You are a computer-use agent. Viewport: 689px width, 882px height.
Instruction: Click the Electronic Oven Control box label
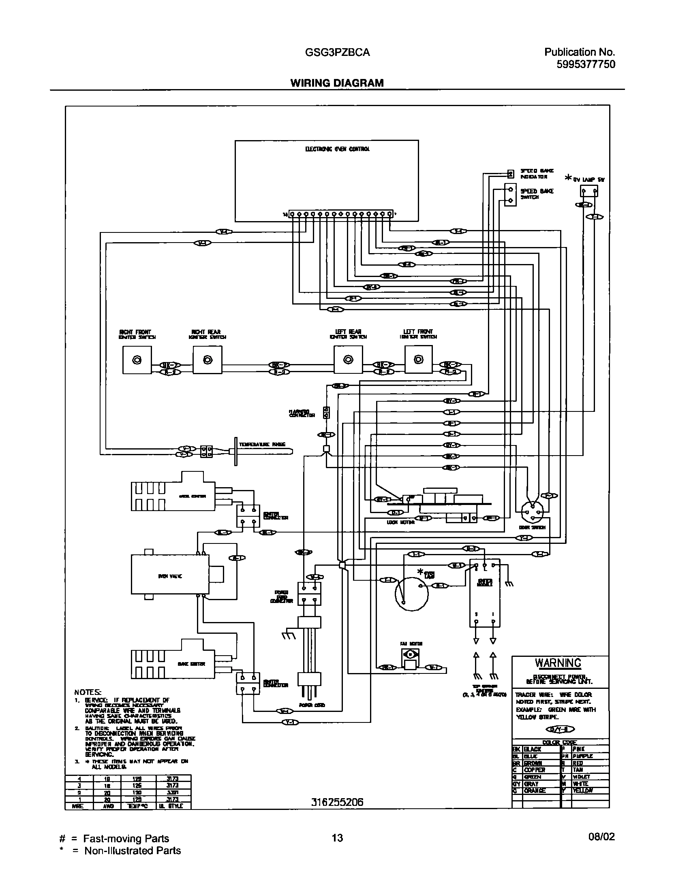click(337, 149)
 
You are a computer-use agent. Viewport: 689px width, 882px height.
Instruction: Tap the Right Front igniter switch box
click(137, 360)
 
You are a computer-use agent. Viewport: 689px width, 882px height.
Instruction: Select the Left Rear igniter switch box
click(348, 360)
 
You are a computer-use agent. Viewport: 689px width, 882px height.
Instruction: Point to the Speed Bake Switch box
click(510, 195)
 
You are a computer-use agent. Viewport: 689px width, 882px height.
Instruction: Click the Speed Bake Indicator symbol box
click(511, 175)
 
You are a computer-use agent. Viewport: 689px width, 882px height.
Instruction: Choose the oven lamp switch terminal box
click(589, 191)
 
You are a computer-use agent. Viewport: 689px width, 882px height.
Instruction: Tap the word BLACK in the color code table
click(533, 749)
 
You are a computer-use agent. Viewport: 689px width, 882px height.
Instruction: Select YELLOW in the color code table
click(582, 790)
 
